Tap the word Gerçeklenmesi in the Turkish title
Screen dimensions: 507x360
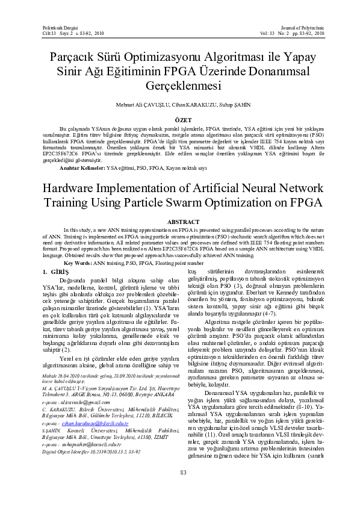coord(179,85)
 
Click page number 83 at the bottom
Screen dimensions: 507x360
coord(179,471)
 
